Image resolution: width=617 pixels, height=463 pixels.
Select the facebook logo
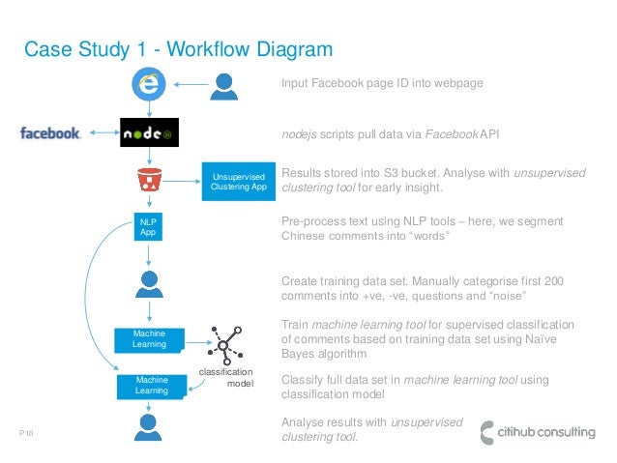click(50, 133)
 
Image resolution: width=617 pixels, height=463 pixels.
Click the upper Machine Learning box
click(150, 339)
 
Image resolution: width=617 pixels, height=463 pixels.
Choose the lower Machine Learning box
click(152, 386)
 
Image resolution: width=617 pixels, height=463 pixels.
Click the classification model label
click(224, 378)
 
